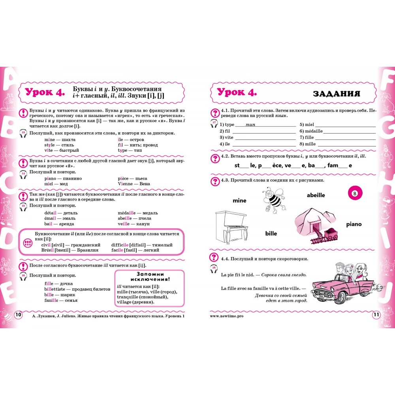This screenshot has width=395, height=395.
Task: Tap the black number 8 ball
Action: click(355, 194)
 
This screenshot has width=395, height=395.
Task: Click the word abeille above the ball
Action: click(316, 195)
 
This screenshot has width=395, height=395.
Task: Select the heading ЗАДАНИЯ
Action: click(336, 94)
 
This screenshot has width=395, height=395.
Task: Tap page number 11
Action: click(375, 315)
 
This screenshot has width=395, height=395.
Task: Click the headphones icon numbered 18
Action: click(214, 270)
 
